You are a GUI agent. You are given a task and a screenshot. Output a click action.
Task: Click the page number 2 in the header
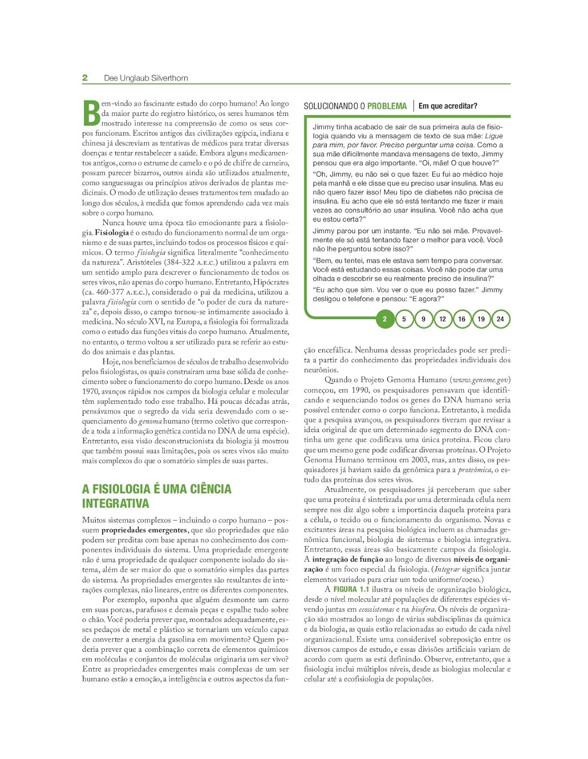click(85, 78)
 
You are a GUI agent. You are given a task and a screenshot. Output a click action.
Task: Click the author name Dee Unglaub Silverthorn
click(146, 78)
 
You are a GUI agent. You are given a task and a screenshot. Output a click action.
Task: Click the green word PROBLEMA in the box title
click(387, 106)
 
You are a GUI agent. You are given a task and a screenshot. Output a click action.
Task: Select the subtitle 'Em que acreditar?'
click(448, 106)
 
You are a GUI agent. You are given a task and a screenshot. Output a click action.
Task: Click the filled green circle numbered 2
click(385, 319)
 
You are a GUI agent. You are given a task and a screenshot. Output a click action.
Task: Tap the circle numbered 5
click(404, 319)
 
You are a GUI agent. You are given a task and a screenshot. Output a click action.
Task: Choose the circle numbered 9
click(423, 319)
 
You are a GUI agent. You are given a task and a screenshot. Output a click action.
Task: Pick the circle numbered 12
click(442, 319)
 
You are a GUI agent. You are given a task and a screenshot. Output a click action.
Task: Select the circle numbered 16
click(461, 319)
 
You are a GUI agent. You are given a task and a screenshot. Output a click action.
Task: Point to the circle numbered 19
click(481, 319)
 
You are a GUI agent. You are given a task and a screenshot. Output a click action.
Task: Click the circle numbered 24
click(500, 319)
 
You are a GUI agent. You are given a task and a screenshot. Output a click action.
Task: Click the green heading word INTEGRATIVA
click(115, 503)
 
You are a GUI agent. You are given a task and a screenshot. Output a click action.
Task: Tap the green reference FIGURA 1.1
click(351, 589)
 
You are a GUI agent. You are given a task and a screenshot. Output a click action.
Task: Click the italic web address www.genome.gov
click(480, 380)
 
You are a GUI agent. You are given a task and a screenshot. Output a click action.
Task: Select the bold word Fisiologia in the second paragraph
click(112, 233)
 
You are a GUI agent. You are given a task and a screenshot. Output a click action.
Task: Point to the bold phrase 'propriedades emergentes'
click(144, 530)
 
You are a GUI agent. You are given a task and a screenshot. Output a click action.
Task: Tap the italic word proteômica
click(474, 470)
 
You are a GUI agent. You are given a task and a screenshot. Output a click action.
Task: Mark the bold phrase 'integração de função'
click(347, 560)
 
